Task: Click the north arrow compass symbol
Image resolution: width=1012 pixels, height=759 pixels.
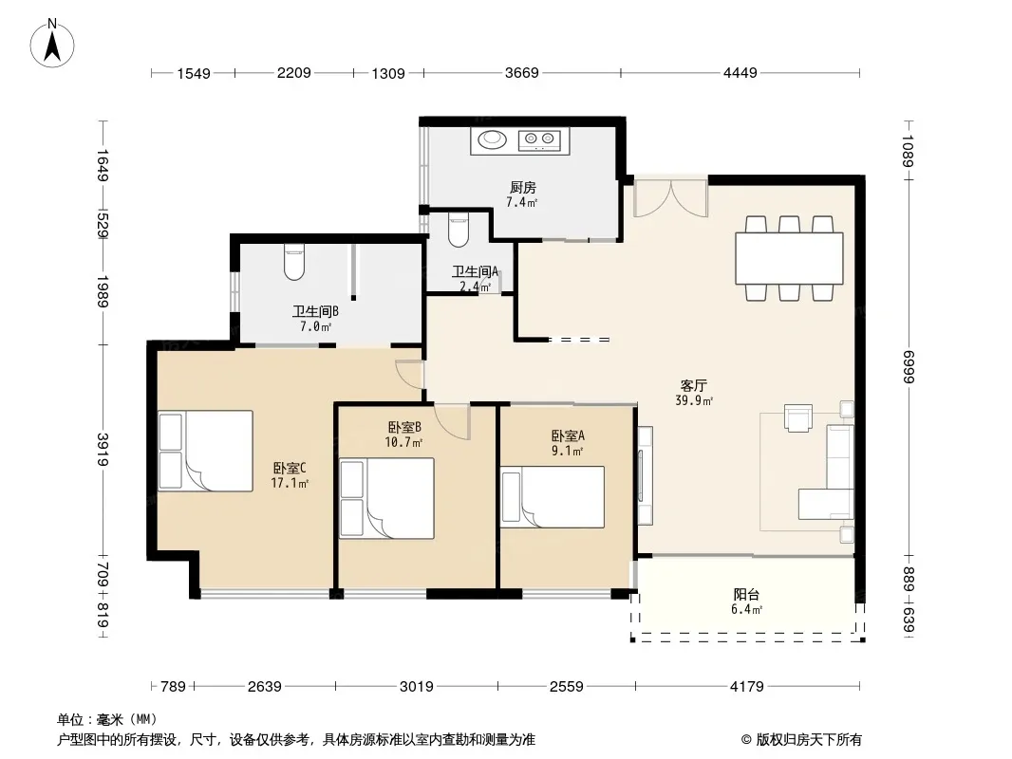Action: click(x=52, y=43)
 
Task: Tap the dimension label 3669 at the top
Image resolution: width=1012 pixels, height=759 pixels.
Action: click(x=521, y=73)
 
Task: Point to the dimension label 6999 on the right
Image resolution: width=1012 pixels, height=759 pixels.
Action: click(x=909, y=366)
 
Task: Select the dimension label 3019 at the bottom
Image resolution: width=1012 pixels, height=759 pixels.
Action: click(x=417, y=686)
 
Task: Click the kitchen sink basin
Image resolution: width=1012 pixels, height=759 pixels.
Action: click(x=492, y=138)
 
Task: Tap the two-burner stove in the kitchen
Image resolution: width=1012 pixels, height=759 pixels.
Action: click(x=539, y=139)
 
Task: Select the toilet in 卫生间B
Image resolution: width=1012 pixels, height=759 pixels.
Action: click(x=294, y=262)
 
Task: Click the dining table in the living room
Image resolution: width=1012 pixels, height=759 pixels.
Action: click(x=789, y=259)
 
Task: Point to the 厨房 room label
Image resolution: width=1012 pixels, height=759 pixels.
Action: click(x=522, y=188)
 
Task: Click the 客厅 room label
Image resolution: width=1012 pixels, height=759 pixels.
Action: click(x=693, y=385)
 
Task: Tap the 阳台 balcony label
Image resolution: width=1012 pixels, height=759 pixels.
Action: click(x=746, y=595)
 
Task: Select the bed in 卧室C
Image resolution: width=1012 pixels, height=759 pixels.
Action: click(x=205, y=451)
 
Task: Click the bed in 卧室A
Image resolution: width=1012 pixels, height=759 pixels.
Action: click(x=553, y=496)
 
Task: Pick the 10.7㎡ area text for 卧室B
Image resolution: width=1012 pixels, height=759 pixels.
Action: click(x=403, y=442)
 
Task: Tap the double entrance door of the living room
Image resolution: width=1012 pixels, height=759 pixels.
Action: click(x=671, y=197)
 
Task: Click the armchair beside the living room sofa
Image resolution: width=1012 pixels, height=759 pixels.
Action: click(x=798, y=417)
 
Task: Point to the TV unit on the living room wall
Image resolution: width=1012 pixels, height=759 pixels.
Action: click(x=644, y=474)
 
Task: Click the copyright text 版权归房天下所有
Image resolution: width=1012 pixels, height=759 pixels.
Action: click(x=809, y=740)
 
